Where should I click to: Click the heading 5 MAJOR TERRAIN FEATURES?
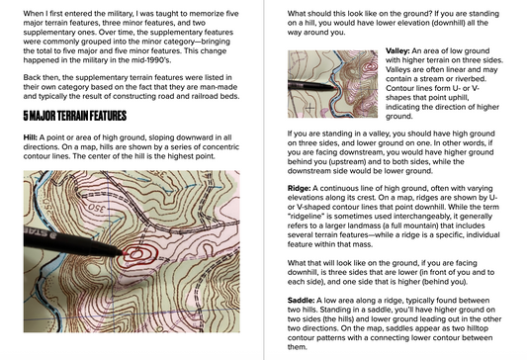74,116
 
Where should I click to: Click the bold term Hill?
31,137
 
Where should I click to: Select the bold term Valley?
397,51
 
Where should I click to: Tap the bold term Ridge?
299,188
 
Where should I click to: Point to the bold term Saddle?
301,301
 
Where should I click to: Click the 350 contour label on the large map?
97,208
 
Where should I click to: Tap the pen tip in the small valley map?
334,87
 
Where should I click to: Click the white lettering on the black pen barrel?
34,231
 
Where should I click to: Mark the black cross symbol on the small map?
309,108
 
